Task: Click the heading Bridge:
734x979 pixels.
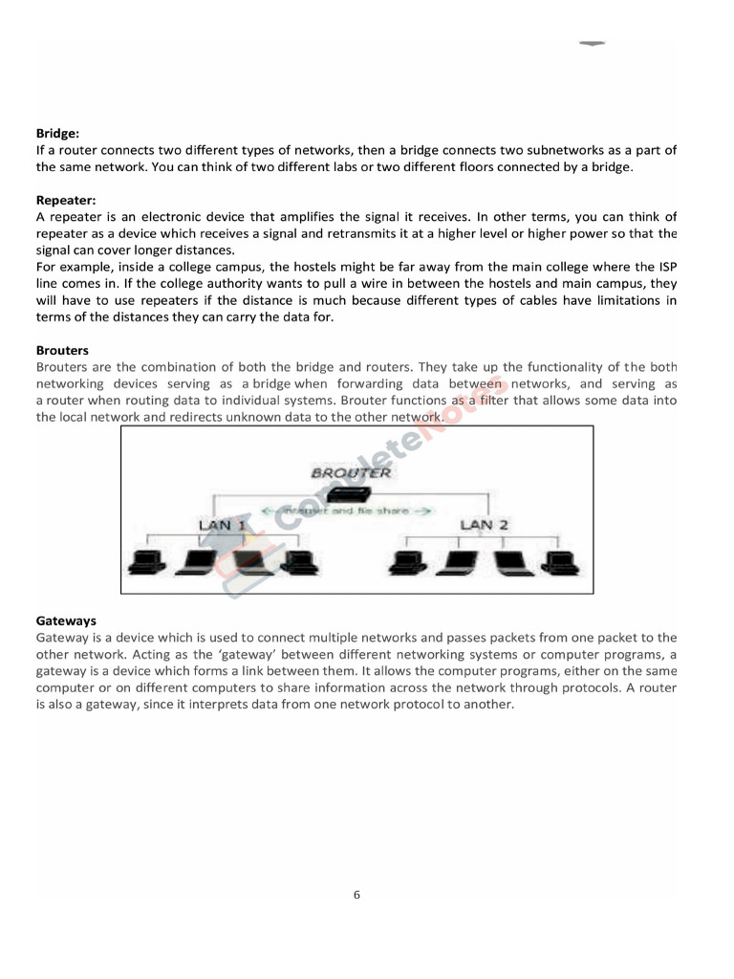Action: (57, 134)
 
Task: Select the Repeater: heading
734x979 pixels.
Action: (66, 200)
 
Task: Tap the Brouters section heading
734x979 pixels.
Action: (62, 351)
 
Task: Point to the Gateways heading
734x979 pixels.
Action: (66, 620)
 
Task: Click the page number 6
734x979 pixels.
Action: (356, 896)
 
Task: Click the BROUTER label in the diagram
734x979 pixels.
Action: (351, 472)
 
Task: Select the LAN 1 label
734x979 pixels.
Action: (222, 525)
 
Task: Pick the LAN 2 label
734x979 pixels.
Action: (484, 525)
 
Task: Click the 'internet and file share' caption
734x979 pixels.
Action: (348, 511)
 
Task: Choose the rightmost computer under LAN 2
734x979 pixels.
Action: (554, 563)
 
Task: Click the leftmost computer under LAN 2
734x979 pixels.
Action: (406, 563)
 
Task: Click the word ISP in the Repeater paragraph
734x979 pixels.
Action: (665, 267)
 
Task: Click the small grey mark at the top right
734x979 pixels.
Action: (593, 44)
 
